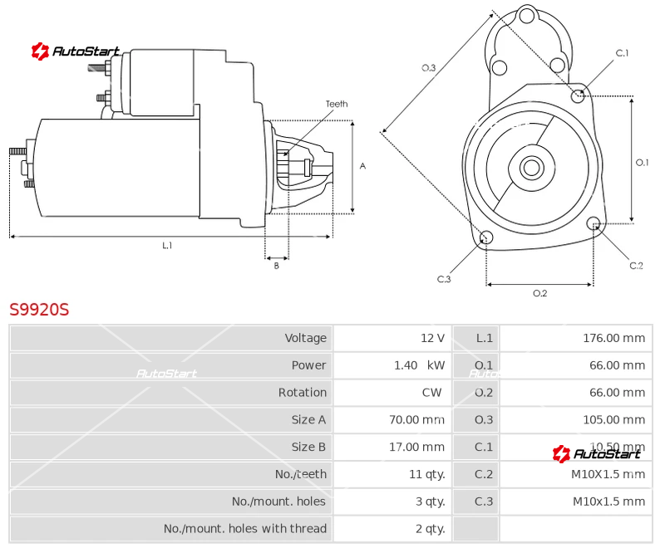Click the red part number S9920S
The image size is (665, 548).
[39, 310]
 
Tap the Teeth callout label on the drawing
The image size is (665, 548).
[337, 104]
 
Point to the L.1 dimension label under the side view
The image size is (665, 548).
[167, 245]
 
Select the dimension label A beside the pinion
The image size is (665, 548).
[362, 166]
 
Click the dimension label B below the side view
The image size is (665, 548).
[277, 266]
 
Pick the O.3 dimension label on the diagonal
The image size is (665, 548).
[429, 68]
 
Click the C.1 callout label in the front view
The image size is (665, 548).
[622, 53]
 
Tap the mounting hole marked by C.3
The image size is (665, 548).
[487, 239]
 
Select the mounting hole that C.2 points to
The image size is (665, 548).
[594, 223]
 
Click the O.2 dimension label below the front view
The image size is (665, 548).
[539, 292]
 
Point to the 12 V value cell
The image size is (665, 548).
[432, 338]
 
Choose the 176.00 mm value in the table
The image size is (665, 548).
[613, 338]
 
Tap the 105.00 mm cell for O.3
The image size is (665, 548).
[613, 420]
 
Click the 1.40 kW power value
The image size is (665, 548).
[419, 365]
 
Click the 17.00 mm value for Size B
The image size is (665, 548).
[417, 448]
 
